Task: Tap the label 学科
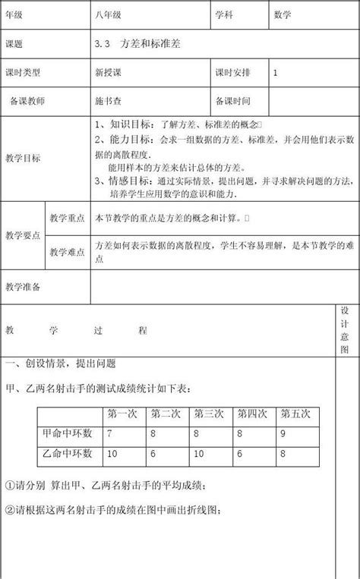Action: click(x=224, y=15)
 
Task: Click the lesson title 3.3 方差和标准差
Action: click(x=138, y=44)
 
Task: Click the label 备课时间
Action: click(x=232, y=100)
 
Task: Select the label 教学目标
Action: click(x=23, y=158)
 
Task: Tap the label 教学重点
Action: click(x=65, y=219)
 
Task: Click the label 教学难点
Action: click(x=65, y=252)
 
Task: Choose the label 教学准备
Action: click(x=23, y=287)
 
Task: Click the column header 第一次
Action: click(x=122, y=414)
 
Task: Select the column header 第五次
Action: click(x=295, y=414)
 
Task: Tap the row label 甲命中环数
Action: click(x=67, y=434)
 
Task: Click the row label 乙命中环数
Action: click(x=67, y=454)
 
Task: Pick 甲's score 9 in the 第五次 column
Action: click(x=283, y=434)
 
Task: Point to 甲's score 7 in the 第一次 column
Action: click(x=111, y=434)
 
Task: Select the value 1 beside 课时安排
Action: click(x=275, y=73)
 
